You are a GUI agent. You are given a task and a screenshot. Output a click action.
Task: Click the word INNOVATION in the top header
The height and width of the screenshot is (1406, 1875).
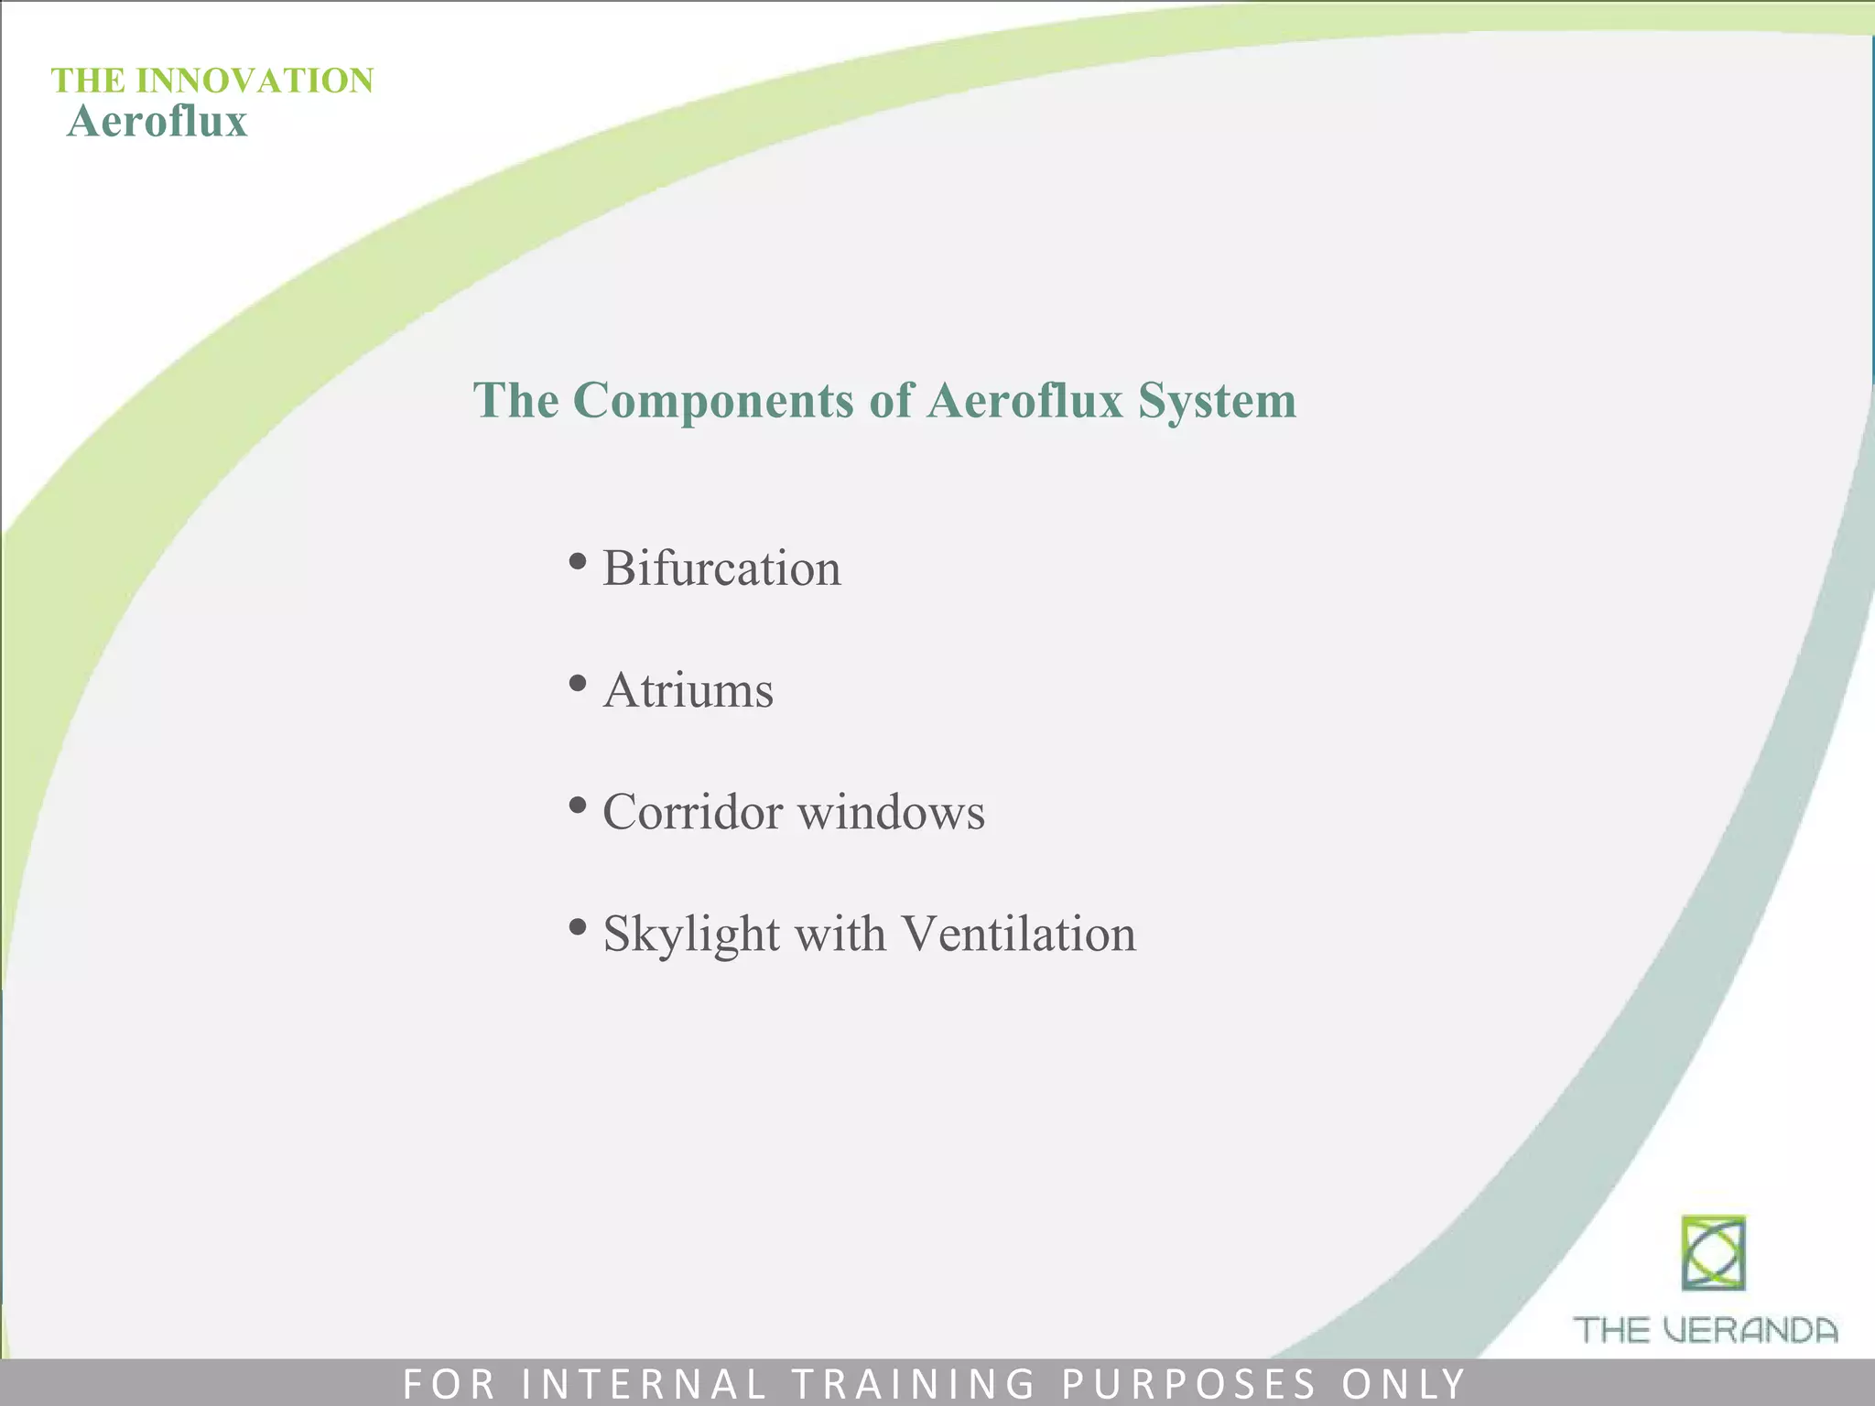point(255,81)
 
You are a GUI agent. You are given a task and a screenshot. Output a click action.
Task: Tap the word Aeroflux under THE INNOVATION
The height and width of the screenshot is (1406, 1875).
point(157,122)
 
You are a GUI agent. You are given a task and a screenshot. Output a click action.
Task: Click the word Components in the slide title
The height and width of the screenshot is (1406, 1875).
point(713,401)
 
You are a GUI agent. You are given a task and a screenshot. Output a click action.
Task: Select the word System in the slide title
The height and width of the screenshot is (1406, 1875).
point(1217,401)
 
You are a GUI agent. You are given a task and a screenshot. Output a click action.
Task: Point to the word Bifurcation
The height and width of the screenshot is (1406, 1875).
point(721,568)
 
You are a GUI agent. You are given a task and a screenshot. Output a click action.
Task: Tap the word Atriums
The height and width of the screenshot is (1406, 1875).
point(688,690)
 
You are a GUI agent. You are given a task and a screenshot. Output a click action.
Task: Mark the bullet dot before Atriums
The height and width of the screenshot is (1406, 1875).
point(577,683)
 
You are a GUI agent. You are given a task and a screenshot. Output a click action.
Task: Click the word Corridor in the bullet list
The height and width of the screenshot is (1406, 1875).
point(692,812)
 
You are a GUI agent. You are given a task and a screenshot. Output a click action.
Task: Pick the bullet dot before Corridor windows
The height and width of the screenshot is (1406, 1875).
point(577,806)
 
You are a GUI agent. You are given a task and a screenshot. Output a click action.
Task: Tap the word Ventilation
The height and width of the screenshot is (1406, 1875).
point(1018,934)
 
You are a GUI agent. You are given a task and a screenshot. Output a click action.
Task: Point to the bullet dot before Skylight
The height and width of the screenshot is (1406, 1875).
point(577,927)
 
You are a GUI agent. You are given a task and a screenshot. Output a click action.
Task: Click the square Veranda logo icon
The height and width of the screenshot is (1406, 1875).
point(1713,1253)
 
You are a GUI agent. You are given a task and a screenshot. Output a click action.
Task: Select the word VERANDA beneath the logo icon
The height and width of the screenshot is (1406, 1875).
point(1750,1330)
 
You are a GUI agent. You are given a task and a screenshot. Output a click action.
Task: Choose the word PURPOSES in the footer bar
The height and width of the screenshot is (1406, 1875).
point(1189,1383)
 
